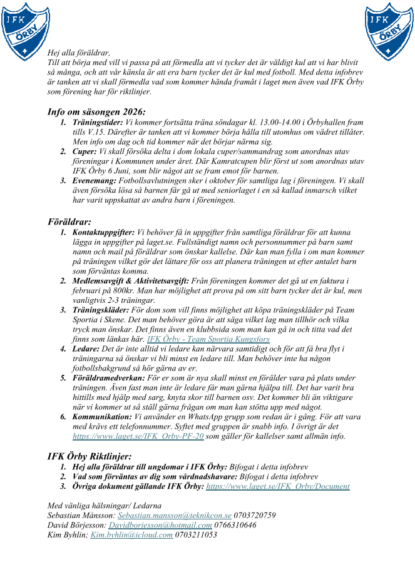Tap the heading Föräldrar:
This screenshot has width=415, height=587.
69,222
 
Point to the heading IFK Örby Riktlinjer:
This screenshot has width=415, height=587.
90,456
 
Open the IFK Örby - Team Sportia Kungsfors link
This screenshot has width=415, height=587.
208,339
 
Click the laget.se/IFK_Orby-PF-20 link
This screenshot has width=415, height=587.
138,436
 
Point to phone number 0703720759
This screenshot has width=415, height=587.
255,515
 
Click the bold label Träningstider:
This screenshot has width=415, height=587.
98,123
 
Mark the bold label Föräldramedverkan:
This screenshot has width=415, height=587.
108,378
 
